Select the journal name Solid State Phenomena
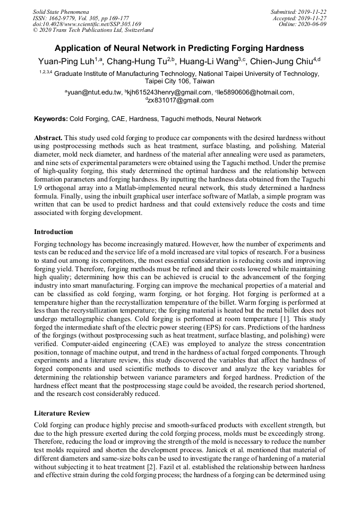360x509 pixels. click(61, 12)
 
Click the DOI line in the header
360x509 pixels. click(87, 24)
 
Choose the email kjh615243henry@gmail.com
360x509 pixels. click(169, 92)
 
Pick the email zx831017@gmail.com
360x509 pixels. click(182, 100)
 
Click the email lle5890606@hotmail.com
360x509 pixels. click(256, 92)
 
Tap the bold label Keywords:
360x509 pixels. click(51, 119)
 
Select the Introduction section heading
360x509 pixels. click(54, 232)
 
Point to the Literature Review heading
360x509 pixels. click(62, 413)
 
